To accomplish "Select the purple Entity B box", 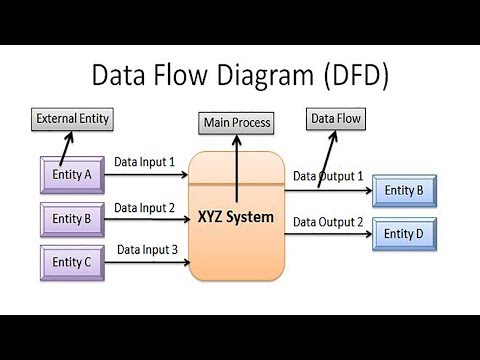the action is (71, 217).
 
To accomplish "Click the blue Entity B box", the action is (404, 190).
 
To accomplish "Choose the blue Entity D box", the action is (404, 232).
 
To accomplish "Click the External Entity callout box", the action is (72, 119).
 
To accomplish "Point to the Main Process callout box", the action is (236, 123).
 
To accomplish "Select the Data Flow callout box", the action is (336, 119).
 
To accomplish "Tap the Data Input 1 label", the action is (144, 161).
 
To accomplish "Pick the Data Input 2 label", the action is (144, 208).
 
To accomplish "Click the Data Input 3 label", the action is (147, 249).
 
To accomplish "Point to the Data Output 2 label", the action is (328, 221).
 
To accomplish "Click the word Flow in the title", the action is (175, 75).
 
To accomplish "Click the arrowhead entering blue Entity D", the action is (367, 234).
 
